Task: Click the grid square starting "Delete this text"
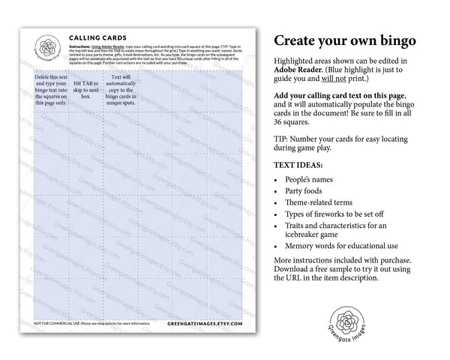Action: click(x=50, y=90)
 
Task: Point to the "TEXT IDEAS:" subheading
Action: click(x=304, y=164)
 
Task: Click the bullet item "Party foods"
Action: click(x=307, y=195)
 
